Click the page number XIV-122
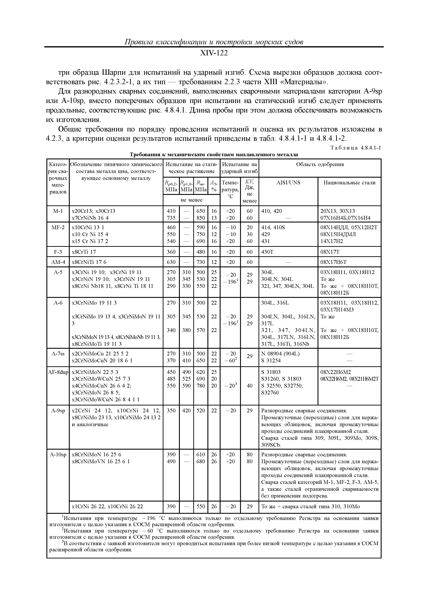pos(214,53)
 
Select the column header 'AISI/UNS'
pos(288,183)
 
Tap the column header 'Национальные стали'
pos(349,183)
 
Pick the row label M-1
pos(58,211)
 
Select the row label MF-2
pos(58,227)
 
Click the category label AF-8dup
pos(58,372)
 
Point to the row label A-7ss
pos(58,354)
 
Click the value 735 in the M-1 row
pos(171,218)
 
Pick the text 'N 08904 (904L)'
pos(280,354)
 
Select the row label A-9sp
pos(58,410)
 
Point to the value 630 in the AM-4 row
pos(171,262)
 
